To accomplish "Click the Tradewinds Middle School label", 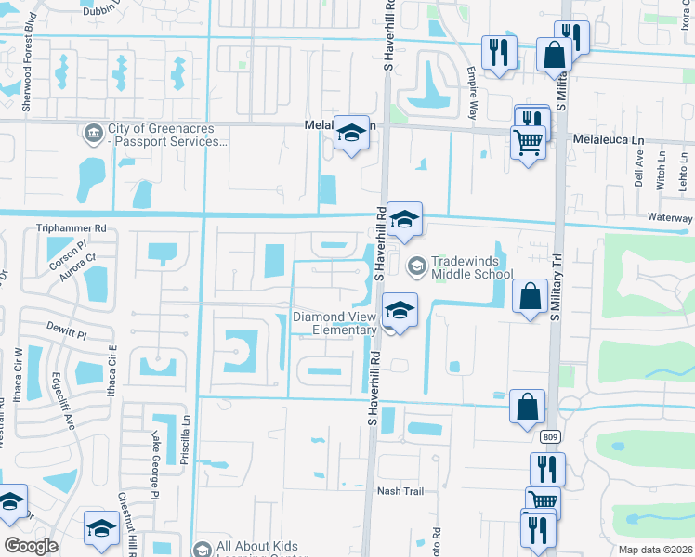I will [x=471, y=267].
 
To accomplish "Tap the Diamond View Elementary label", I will [x=334, y=323].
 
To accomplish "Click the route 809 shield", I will [x=552, y=436].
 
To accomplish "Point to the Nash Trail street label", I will [x=400, y=491].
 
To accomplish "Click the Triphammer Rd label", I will [x=72, y=227].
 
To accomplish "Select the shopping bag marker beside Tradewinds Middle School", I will [x=530, y=297].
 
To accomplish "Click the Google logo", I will [x=31, y=546].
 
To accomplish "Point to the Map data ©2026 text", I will [x=655, y=551].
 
